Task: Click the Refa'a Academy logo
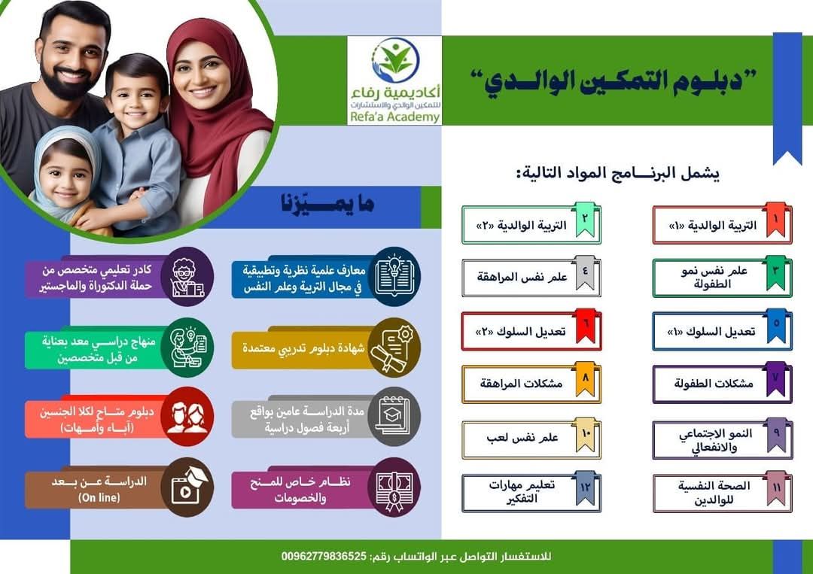(x=394, y=80)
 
